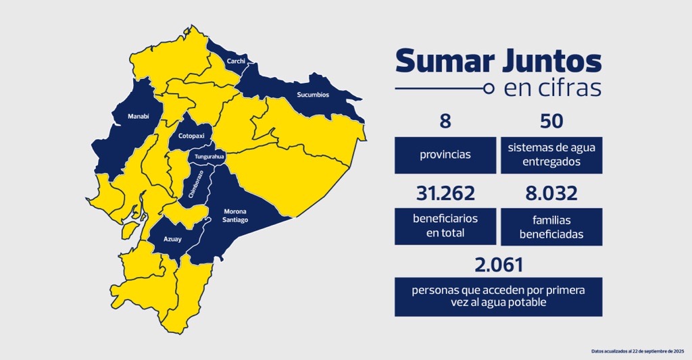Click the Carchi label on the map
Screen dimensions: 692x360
click(236, 61)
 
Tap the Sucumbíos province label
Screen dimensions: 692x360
click(313, 95)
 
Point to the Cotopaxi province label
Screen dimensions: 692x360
click(191, 136)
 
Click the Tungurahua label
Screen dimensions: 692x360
click(209, 157)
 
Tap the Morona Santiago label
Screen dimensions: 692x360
click(236, 215)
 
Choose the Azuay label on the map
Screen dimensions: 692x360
click(172, 238)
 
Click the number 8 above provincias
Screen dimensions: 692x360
click(445, 122)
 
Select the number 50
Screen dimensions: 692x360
click(551, 122)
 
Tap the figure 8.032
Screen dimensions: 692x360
click(551, 194)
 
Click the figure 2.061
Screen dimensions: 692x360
click(499, 265)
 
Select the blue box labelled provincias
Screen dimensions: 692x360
click(445, 155)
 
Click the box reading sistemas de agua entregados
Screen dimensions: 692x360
click(551, 155)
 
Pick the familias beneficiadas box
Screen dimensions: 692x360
click(551, 227)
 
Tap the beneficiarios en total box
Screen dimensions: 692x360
click(445, 227)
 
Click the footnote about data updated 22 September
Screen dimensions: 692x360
click(637, 351)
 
